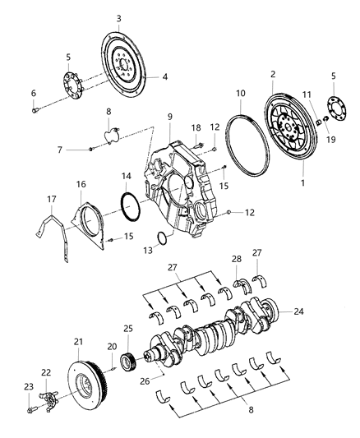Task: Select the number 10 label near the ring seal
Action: coord(241,95)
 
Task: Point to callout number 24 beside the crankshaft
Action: coord(299,311)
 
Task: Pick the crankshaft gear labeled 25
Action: coord(127,361)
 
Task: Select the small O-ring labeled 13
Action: coord(162,238)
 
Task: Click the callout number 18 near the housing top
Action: coord(196,127)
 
